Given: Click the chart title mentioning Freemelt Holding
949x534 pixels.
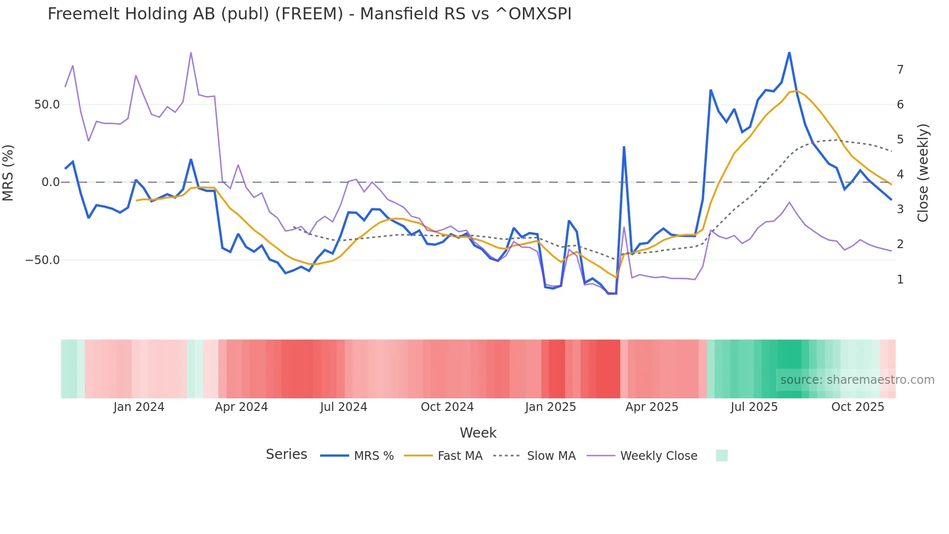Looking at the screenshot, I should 309,14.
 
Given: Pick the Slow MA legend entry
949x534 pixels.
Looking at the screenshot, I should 535,456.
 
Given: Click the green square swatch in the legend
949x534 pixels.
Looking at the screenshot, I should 721,455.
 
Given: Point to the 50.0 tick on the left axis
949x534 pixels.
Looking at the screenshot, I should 47,105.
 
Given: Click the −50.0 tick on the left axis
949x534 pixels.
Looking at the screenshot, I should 43,260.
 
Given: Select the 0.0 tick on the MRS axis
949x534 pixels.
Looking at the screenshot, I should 50,183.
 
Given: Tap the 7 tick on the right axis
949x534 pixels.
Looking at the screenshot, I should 900,70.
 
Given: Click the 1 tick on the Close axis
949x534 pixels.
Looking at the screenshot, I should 900,280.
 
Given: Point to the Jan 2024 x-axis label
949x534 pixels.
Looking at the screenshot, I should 139,407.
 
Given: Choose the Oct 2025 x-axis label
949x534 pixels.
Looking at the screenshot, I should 857,407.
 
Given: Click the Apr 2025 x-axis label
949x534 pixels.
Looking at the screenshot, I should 652,407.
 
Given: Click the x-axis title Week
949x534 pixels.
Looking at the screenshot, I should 478,433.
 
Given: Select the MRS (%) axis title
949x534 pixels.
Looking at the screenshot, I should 8,173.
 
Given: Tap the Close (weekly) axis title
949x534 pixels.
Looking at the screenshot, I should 923,173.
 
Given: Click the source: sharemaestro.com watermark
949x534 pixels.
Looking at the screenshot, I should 857,380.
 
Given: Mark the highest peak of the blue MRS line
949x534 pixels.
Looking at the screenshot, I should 789,52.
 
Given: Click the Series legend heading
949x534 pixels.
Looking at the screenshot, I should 286,455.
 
